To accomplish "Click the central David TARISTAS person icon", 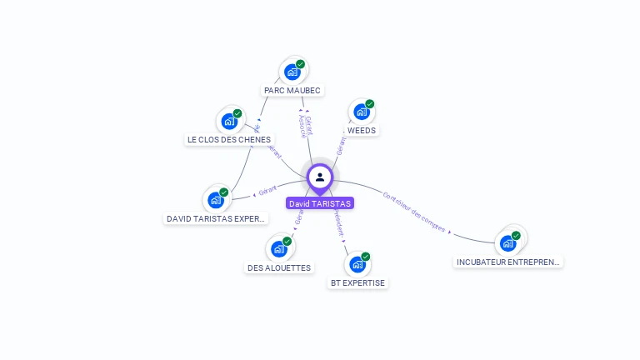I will coord(320,177).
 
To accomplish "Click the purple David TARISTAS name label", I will coord(320,203).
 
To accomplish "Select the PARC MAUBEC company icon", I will coord(292,72).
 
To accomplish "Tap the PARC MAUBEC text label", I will coord(292,90).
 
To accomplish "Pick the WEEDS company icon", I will coord(361,112).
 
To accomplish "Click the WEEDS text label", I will coord(362,130).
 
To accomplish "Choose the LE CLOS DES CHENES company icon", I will coord(228,121).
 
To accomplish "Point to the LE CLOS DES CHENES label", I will coord(229,139).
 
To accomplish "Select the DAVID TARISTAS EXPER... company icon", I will coord(215,200).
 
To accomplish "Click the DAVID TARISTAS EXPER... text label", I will coord(216,218).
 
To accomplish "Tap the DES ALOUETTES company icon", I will coord(278,248).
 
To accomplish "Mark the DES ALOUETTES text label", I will coord(279,267).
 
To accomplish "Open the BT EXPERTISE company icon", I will coord(357,264).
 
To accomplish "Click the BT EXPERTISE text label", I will coord(357,282).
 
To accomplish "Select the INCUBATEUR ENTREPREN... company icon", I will coord(507,243).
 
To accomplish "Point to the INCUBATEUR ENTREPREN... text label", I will coord(508,262).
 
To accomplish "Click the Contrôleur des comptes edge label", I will coord(414,211).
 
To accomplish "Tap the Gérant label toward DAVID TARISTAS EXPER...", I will coord(267,191).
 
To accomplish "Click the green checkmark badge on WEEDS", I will coord(370,104).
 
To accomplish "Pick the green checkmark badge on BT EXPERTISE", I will coord(366,257).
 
